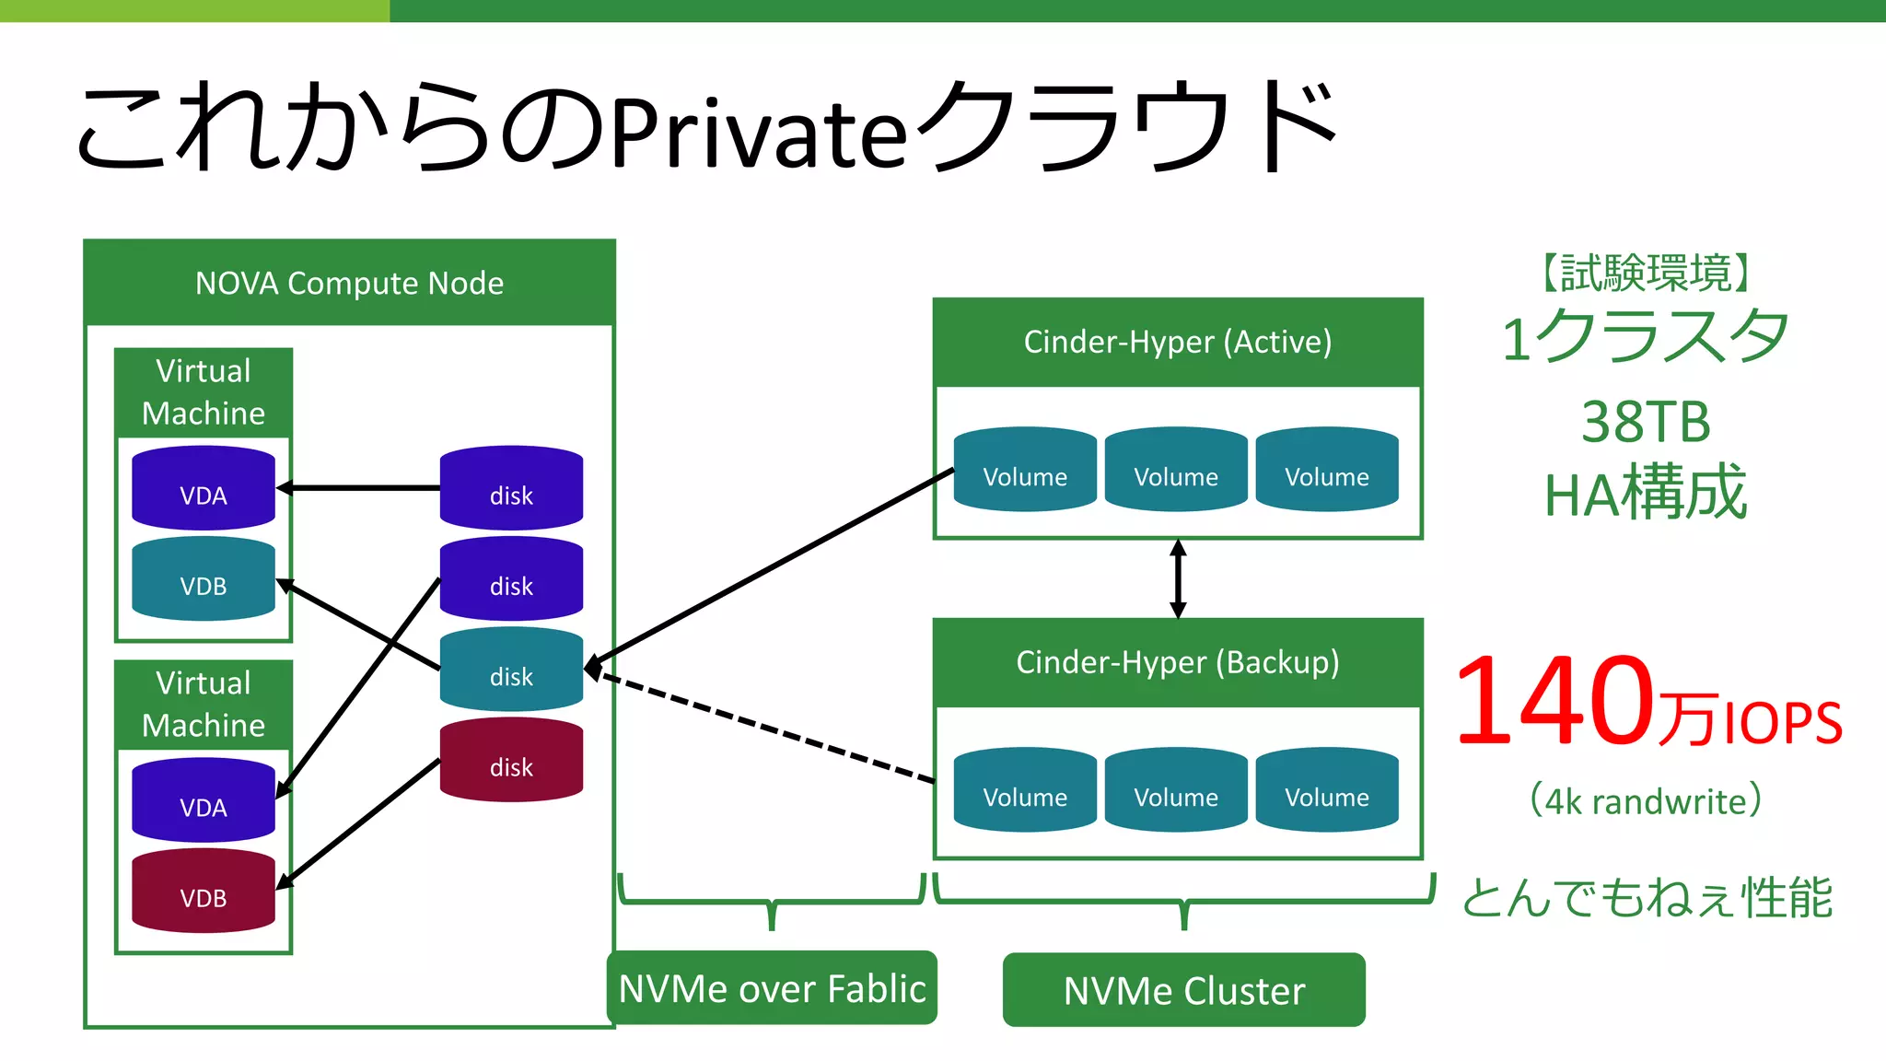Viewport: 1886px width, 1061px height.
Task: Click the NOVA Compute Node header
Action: point(349,283)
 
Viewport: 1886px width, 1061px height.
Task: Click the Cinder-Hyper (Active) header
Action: point(1178,343)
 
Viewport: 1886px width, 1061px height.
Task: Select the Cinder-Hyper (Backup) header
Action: point(1178,663)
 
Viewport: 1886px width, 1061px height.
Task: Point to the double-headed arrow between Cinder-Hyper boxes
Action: point(1178,578)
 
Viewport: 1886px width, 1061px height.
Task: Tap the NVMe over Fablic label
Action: point(772,988)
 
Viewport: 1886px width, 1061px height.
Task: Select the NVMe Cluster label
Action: point(1184,990)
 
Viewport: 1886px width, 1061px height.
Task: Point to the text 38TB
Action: point(1646,422)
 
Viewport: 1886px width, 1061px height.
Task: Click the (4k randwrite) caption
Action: point(1646,800)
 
